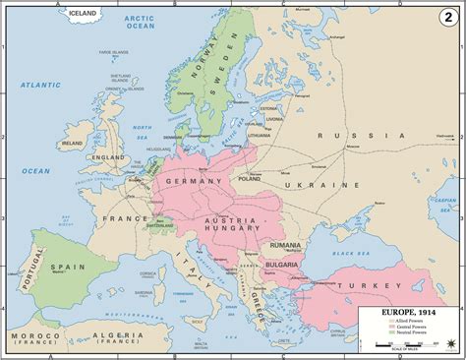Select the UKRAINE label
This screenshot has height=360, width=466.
(350, 184)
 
